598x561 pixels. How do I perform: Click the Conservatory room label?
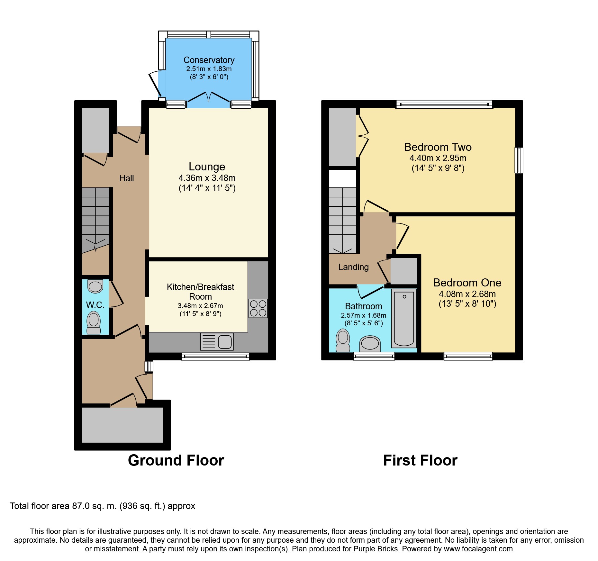click(x=209, y=60)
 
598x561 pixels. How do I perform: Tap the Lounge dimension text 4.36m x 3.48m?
click(x=207, y=178)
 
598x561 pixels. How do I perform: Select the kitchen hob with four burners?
click(x=258, y=308)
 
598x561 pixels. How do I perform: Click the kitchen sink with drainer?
click(x=217, y=341)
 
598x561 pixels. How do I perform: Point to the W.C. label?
click(x=95, y=305)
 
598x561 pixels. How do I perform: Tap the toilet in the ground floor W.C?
click(x=94, y=322)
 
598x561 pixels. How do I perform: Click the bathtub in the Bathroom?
click(x=404, y=318)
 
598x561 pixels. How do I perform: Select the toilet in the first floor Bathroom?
click(x=343, y=340)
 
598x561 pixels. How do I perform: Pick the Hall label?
click(x=126, y=178)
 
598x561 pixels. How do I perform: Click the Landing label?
click(x=353, y=267)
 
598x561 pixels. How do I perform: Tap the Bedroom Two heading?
click(x=438, y=147)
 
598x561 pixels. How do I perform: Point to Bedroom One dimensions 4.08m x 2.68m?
click(x=467, y=294)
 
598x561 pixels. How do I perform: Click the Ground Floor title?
click(x=176, y=460)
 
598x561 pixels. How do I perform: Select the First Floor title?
click(x=420, y=460)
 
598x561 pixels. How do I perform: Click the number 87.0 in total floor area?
click(x=81, y=506)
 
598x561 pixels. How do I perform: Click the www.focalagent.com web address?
click(x=478, y=549)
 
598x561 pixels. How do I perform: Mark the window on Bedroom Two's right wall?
click(x=519, y=160)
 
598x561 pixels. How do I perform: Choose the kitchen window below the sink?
click(x=215, y=356)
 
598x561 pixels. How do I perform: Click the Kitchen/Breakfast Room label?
click(x=200, y=292)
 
